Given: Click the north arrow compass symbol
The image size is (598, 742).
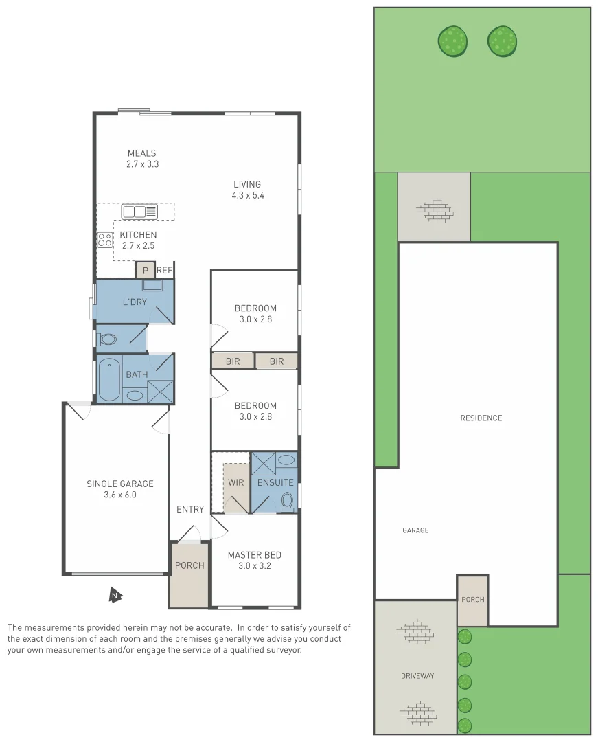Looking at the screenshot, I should coord(115,595).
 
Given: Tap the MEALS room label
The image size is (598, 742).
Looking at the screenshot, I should coord(142,153).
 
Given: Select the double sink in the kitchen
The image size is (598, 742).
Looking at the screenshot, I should coord(139,212).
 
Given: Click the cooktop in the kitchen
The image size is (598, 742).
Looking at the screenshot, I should coord(105,240).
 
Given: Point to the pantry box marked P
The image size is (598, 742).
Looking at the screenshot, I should coord(145,270).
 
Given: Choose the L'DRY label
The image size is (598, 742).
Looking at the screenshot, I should coord(135,302).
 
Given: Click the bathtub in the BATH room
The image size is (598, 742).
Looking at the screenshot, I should coord(109,380).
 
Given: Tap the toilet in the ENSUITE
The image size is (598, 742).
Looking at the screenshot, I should coord(287,501).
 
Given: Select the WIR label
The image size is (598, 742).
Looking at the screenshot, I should coord(235,482).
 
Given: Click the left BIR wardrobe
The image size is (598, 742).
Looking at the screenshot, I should coord(233,361).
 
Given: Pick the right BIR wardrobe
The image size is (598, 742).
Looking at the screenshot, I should coord(277,361).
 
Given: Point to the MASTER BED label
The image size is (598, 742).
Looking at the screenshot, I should coord(255,555).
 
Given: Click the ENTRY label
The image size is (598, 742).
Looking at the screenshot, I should coord(190,509).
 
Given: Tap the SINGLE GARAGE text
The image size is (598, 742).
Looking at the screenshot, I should coord(120,484).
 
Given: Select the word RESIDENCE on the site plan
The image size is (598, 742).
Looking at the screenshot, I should coord(481,418).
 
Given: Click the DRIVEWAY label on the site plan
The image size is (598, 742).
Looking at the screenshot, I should coord(417,676).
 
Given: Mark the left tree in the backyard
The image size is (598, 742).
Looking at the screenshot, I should coord(452,41).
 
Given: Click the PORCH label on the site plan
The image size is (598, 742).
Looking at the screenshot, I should coord(472,599).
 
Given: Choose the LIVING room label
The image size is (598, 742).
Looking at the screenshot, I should coord(247,184).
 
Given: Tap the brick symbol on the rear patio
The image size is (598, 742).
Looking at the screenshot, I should coord(435,210).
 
